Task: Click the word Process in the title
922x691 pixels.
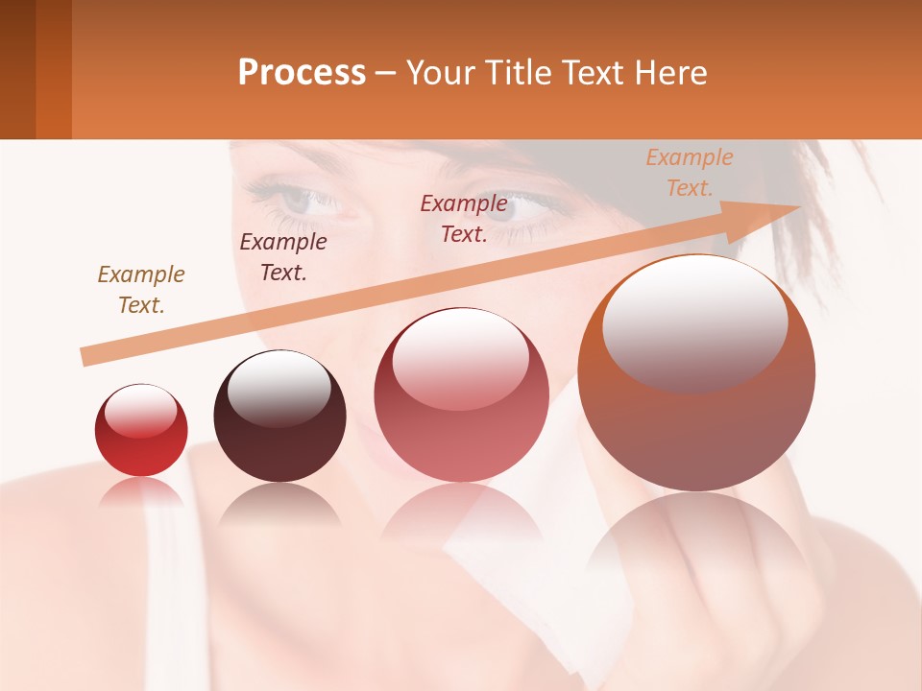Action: [x=302, y=73]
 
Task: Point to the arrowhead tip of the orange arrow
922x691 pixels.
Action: [x=799, y=207]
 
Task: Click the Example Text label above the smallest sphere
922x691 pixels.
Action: [x=141, y=290]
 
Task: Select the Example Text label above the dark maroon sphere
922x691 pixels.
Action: [x=283, y=257]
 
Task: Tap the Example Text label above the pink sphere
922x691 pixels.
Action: [x=464, y=219]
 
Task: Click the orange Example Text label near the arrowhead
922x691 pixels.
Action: [x=690, y=173]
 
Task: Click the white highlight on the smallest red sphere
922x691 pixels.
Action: [x=140, y=411]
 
